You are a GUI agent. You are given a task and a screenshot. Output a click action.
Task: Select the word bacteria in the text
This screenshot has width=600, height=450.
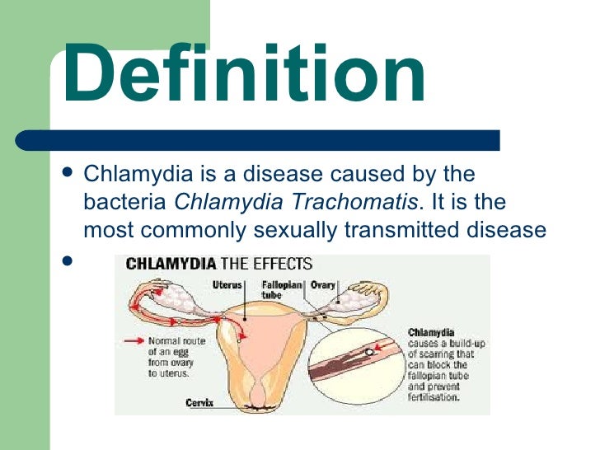(126, 202)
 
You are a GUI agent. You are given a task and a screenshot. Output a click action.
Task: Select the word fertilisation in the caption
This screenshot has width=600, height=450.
(435, 396)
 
